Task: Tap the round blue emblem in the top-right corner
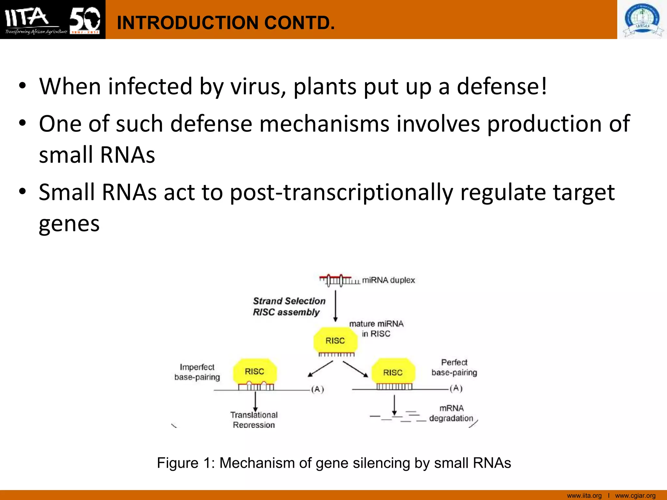pos(642,20)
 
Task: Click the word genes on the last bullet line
pos(69,224)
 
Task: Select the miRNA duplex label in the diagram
pos(388,280)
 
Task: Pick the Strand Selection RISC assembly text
pos(289,306)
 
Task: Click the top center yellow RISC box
pos(335,340)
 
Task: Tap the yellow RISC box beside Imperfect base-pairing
pos(255,371)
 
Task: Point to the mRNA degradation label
pos(451,413)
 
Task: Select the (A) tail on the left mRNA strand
pos(318,389)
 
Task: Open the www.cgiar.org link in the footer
pos(635,496)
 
